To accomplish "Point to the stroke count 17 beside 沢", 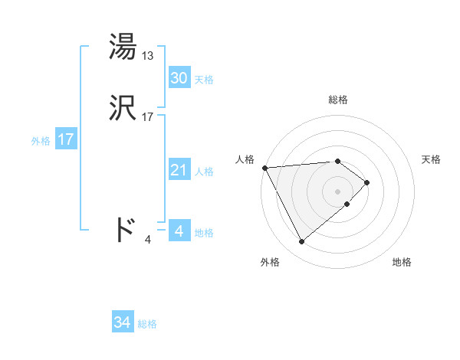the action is tap(148, 118).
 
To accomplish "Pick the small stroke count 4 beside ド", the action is tap(148, 239).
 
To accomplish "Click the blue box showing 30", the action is tap(179, 78).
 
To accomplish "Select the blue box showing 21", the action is tap(179, 170).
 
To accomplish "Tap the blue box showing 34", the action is tap(122, 323).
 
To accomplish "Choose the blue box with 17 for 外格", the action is tap(65, 139).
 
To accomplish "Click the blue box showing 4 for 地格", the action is tap(179, 231).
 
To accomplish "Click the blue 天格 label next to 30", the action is tap(204, 80).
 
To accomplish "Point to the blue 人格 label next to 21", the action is tap(204, 172).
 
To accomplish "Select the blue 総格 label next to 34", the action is tap(147, 325).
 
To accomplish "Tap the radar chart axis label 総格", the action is tap(338, 100).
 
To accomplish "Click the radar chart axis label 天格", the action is tap(432, 159).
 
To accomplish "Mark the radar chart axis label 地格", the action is tap(402, 262).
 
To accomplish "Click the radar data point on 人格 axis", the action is tap(264, 168).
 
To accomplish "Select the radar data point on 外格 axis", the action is tap(301, 242).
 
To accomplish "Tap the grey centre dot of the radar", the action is tap(338, 191).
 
